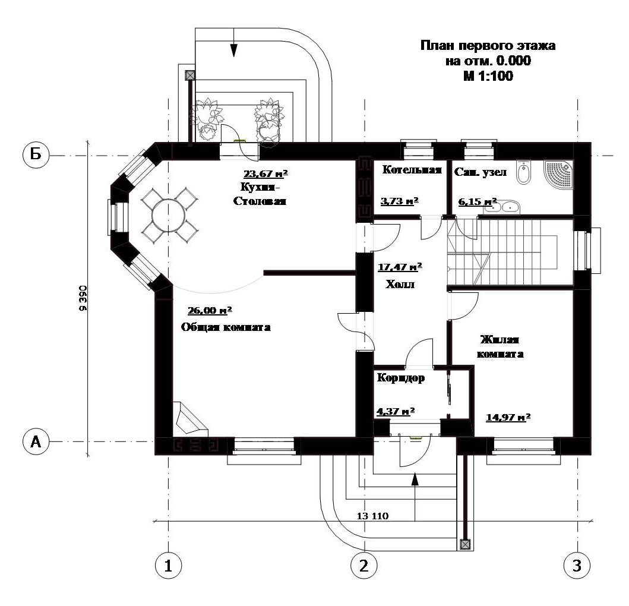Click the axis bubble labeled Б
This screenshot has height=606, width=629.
point(35,156)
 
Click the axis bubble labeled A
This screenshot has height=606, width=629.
point(35,441)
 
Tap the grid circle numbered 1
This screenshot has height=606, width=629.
point(168,566)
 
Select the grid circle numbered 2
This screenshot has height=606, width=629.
point(364,566)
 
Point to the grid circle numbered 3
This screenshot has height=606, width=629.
point(577,566)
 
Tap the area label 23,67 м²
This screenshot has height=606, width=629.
point(265,174)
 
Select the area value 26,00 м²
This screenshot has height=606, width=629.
point(210,311)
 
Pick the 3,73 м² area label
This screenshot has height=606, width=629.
point(399,201)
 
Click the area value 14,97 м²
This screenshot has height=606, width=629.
point(508,417)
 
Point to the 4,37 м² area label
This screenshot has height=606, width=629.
point(395,411)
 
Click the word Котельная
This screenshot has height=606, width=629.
point(412,170)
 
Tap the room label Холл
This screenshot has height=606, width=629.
point(400,285)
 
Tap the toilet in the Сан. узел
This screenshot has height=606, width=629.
point(523,172)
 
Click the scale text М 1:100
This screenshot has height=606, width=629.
point(488,76)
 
